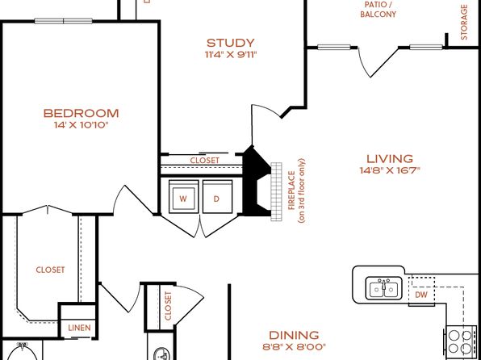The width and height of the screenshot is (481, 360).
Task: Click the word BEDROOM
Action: tap(81, 113)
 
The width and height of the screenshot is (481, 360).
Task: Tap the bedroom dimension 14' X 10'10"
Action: tap(82, 125)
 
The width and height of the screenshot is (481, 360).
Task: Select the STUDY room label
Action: tap(230, 43)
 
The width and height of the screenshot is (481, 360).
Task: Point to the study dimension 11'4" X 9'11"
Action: tap(230, 55)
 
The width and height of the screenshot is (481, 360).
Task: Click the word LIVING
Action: tap(390, 159)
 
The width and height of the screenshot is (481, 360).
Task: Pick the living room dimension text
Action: tap(390, 170)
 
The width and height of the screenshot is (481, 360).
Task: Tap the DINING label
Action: tap(294, 335)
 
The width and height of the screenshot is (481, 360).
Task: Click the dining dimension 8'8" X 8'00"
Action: tap(294, 347)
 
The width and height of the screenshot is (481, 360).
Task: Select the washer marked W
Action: tap(183, 197)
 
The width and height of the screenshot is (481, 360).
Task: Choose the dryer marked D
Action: tap(217, 197)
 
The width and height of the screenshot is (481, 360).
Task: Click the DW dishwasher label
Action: tap(421, 295)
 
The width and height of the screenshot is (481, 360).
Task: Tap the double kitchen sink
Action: tap(383, 288)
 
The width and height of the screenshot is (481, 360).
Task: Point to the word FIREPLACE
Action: tap(291, 190)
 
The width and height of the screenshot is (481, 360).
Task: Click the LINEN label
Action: tap(79, 328)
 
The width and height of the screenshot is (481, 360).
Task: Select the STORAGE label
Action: tap(464, 22)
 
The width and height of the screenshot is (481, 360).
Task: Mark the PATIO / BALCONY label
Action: tap(378, 10)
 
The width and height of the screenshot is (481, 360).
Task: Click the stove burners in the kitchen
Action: tap(459, 342)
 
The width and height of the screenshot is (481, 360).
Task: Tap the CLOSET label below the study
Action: tap(205, 161)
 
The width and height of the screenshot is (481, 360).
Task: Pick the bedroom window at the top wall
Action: tap(64, 21)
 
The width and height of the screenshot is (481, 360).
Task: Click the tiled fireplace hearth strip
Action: tap(276, 191)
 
